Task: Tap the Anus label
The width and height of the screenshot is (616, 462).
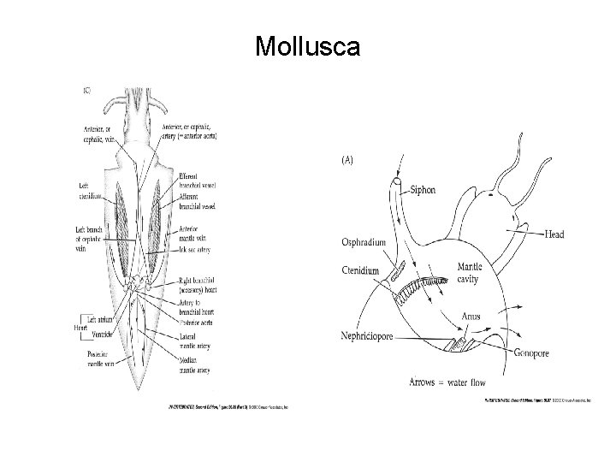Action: click(x=472, y=316)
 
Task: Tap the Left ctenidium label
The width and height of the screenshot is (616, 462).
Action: click(x=87, y=191)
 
